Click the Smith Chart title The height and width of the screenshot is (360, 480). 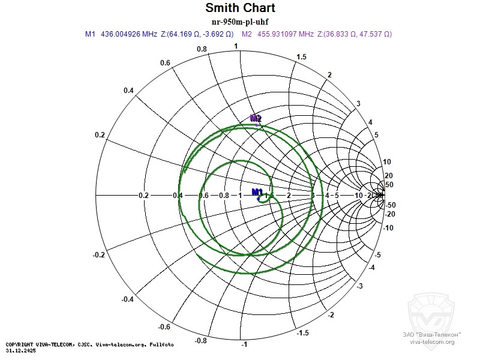coord(240,8)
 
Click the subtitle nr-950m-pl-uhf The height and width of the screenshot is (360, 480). coord(240,22)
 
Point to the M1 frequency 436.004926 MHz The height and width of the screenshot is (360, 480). coord(128,35)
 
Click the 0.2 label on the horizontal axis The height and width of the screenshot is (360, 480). coord(143,196)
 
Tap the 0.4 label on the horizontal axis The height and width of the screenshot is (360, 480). coord(178,196)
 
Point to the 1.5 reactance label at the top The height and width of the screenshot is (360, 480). coord(302,56)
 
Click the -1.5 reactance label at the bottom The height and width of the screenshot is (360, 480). coord(304,333)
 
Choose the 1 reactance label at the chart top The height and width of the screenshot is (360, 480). coord(236,46)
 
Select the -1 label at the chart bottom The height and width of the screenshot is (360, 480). coord(244,345)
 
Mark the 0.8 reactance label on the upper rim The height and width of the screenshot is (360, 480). coord(202,49)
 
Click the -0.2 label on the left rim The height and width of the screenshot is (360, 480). coord(99,255)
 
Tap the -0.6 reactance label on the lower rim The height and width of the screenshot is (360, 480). coord(164,327)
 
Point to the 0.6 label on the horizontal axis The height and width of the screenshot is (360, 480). coord(203,196)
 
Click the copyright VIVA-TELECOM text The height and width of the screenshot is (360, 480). coord(90,344)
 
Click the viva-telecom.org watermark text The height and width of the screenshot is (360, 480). coord(432,341)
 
